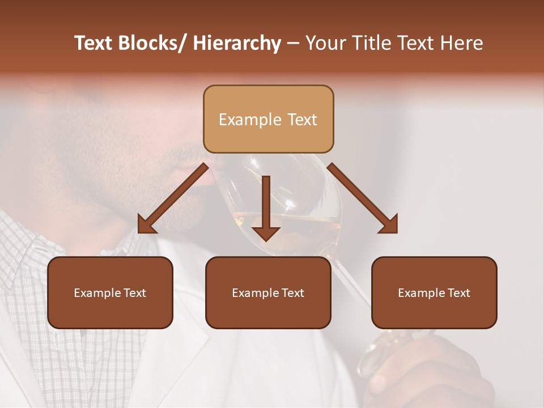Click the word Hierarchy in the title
pyautogui.click(x=237, y=43)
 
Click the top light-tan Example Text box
pyautogui.click(x=268, y=119)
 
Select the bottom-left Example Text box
pyautogui.click(x=110, y=292)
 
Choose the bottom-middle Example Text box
pyautogui.click(x=268, y=292)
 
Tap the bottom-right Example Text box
pyautogui.click(x=434, y=292)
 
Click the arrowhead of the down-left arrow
pyautogui.click(x=146, y=226)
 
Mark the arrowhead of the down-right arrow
pyautogui.click(x=390, y=226)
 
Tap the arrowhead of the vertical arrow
pyautogui.click(x=266, y=233)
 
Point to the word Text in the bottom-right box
pyautogui.click(x=458, y=293)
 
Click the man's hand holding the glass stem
pyautogui.click(x=431, y=374)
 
